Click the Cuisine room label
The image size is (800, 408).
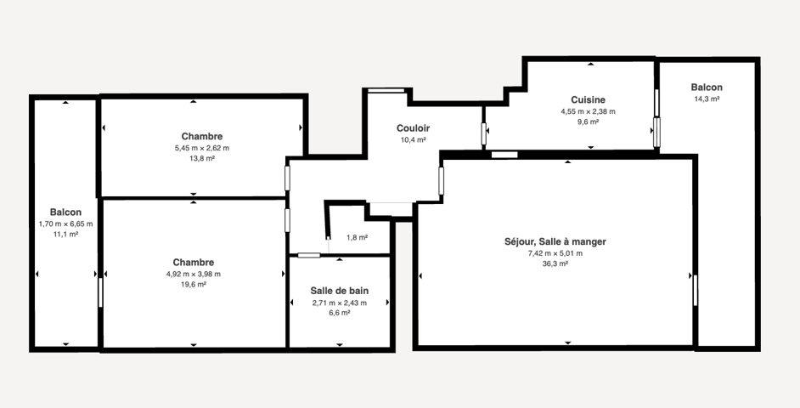point(588,100)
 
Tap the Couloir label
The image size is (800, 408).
point(414,128)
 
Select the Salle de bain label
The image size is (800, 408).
point(340,291)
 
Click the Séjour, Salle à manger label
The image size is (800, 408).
point(555,241)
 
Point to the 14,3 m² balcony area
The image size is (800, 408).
point(707,99)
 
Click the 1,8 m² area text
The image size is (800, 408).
point(358,237)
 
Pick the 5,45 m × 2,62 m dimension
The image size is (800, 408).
point(201,148)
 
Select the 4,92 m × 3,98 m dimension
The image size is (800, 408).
point(194,275)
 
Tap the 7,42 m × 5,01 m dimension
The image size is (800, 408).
point(555,253)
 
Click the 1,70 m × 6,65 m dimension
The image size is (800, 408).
point(65,224)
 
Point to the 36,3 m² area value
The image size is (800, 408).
point(555,264)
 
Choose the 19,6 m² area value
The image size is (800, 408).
point(194,285)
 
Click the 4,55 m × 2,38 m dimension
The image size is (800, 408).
point(588,111)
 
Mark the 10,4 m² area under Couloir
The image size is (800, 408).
point(414,139)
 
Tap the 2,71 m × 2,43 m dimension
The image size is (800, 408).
point(340,303)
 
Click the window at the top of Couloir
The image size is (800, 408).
point(386,91)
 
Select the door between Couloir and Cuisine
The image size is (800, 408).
point(483,133)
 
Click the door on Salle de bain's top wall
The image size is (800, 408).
point(308,255)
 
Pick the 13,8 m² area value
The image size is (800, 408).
point(201,159)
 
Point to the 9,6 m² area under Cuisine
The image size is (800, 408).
point(588,122)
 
